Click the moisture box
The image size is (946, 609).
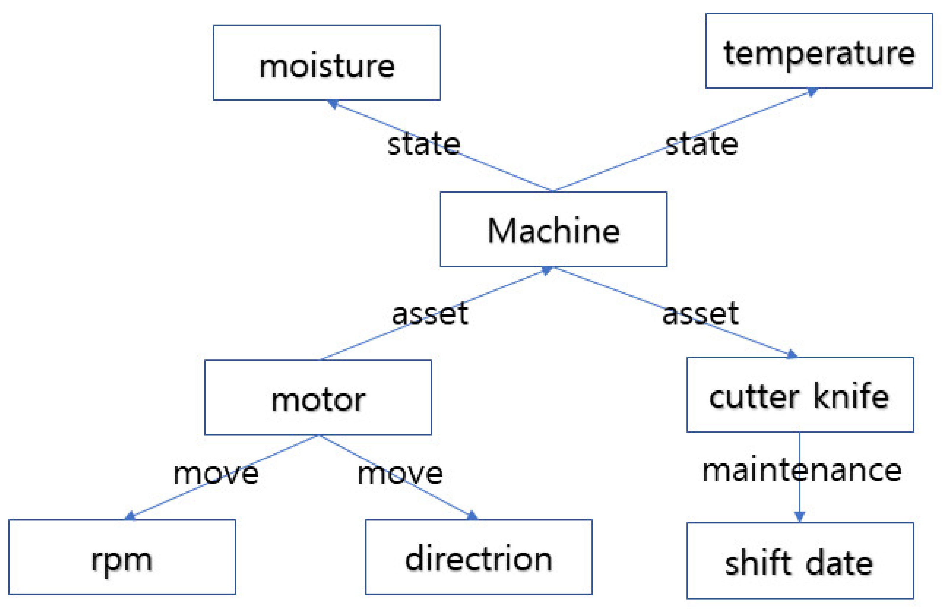coord(326,62)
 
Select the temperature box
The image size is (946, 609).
coord(819,51)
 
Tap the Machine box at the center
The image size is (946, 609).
coord(553,229)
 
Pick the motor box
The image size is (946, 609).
coord(318,397)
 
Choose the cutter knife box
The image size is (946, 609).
coord(800,395)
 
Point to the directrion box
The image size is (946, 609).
coord(478,557)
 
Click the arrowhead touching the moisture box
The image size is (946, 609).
coord(333,104)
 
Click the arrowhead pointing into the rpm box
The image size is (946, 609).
coord(130,516)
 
